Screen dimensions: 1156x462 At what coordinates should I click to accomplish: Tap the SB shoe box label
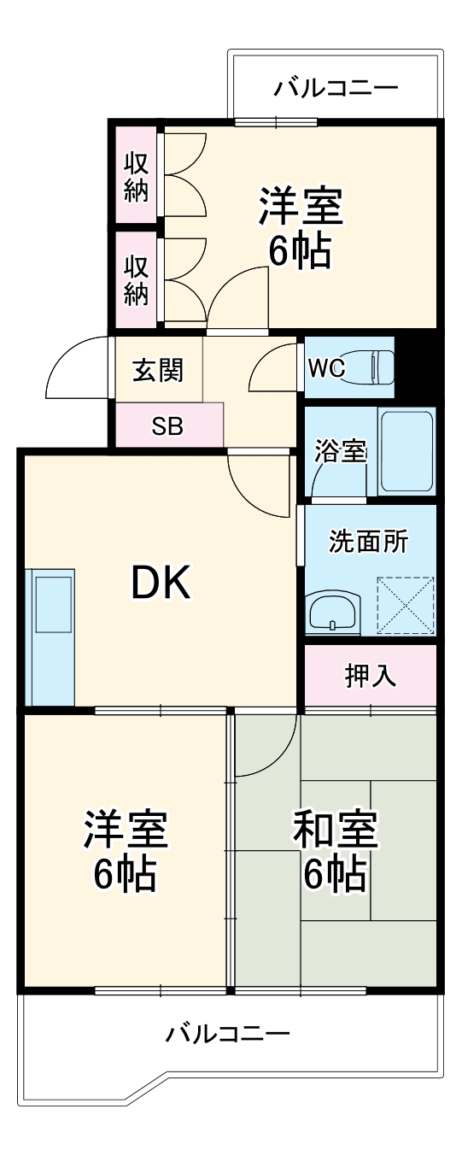[167, 425]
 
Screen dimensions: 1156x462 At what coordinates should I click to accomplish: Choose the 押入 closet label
[370, 675]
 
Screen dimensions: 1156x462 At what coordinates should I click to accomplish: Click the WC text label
[326, 369]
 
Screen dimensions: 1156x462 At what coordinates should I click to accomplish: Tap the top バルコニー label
[336, 88]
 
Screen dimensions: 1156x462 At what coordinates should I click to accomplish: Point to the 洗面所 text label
[369, 542]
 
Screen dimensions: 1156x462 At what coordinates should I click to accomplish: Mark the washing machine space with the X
[405, 606]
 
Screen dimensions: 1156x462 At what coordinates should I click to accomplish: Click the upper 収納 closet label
[137, 176]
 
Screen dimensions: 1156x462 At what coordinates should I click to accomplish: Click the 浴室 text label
[340, 451]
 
